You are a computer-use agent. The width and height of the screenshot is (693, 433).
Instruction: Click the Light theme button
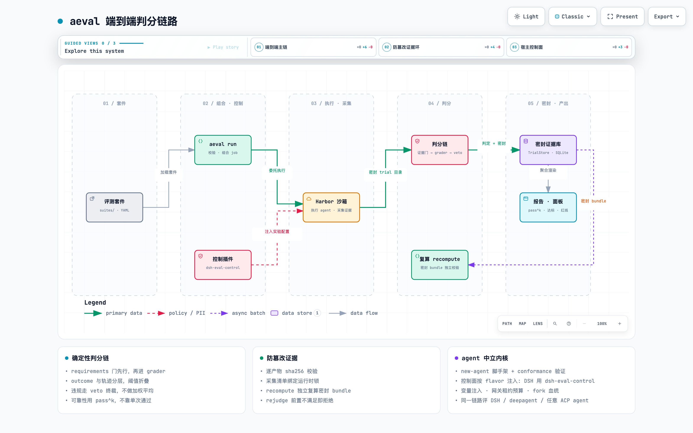pos(526,17)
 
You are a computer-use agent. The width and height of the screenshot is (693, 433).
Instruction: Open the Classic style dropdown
pos(572,17)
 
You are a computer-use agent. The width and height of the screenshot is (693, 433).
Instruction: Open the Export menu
pos(667,17)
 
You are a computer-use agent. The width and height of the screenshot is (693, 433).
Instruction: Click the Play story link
pos(223,47)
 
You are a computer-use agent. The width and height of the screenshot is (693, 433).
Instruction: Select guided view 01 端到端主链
pos(313,47)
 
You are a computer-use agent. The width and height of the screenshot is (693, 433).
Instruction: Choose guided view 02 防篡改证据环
pos(441,47)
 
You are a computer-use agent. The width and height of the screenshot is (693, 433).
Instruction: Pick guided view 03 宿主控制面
pos(569,47)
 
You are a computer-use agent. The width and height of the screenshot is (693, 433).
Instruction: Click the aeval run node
pos(223,150)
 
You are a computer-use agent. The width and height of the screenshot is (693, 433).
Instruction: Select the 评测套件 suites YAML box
pos(115,207)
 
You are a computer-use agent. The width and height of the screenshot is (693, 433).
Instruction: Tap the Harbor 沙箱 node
pos(331,207)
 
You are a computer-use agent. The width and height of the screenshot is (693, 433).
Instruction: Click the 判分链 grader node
pos(440,150)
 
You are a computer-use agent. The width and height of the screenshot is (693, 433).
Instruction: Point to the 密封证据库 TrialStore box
pos(548,150)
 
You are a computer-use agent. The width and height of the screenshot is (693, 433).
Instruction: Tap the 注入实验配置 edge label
pos(277,231)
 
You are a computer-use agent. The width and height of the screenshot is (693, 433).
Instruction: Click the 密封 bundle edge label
pos(593,201)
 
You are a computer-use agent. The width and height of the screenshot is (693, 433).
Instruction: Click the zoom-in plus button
pos(619,324)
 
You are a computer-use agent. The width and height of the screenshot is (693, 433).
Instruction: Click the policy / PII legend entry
pos(176,313)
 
